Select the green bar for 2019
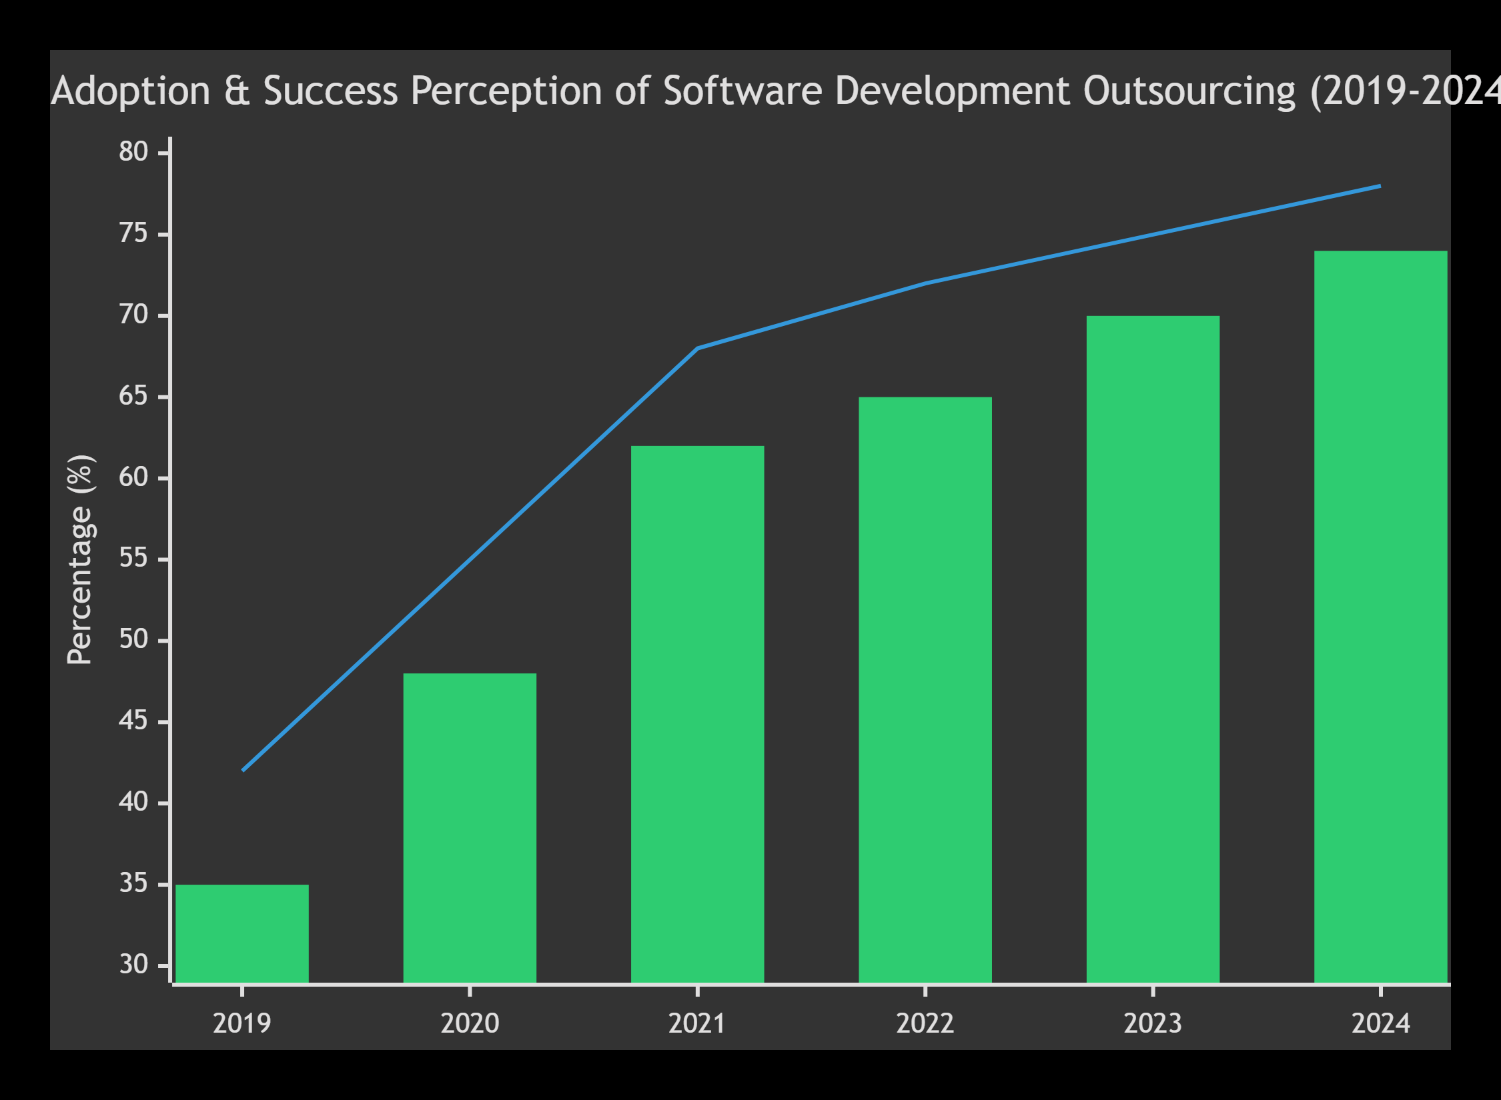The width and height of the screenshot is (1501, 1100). click(242, 933)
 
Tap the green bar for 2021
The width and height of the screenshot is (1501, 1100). click(697, 714)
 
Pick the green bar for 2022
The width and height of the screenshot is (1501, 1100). click(925, 690)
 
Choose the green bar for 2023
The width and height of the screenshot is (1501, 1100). click(1153, 649)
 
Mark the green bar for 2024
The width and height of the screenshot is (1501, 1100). click(1380, 617)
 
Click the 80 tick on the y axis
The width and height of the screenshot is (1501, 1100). click(133, 153)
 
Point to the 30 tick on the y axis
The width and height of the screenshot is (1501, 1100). click(133, 965)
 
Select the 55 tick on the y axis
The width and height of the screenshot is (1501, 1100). click(133, 559)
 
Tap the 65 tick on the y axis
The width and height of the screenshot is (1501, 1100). click(133, 397)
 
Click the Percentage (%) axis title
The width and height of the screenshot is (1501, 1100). click(80, 560)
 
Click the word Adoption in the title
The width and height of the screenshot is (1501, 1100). click(131, 91)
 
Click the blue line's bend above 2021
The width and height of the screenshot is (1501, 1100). click(697, 348)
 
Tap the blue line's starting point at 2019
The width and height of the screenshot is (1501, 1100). click(243, 770)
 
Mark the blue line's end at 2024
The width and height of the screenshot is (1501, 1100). click(1379, 187)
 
